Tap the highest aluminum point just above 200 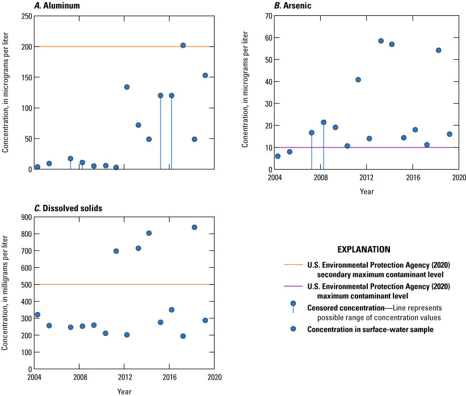[x=183, y=45]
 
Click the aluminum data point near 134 [x=127, y=87]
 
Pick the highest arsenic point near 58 [x=381, y=41]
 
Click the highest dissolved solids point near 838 [x=194, y=227]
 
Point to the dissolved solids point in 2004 [x=37, y=315]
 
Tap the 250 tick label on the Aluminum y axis [x=26, y=16]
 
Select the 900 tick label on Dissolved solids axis [x=26, y=217]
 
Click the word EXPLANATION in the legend [x=364, y=249]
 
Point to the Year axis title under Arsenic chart [x=367, y=191]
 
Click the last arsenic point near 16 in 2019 [x=449, y=134]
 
